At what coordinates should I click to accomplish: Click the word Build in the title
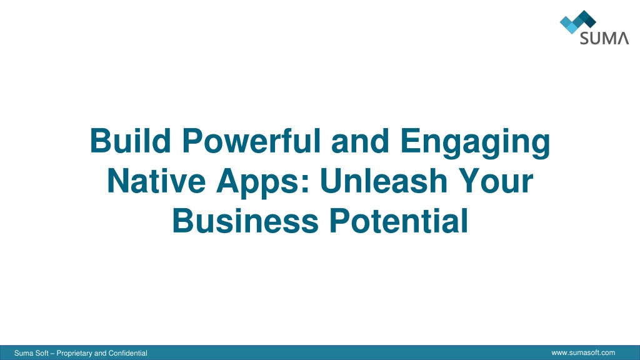[130, 141]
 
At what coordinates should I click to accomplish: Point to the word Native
[156, 181]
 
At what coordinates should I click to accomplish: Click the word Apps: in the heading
[264, 184]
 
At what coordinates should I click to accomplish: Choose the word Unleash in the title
[384, 181]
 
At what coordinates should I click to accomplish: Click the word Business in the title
[245, 221]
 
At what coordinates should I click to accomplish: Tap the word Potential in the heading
[398, 221]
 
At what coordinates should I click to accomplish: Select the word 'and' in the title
[360, 141]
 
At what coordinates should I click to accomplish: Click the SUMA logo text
[604, 38]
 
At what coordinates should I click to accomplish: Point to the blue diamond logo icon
[577, 22]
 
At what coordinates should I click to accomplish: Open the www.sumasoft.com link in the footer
[583, 352]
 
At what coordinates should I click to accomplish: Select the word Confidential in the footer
[127, 353]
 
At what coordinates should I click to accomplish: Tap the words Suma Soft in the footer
[31, 353]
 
